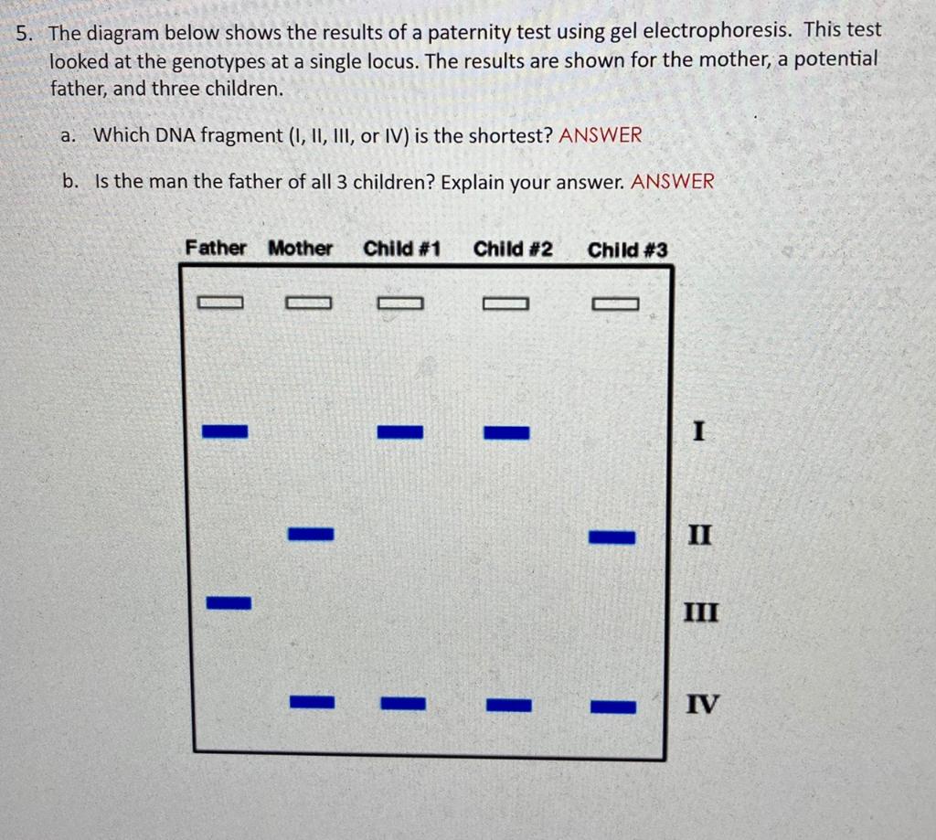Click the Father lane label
tap(216, 248)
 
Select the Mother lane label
tap(301, 248)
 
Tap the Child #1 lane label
tap(402, 249)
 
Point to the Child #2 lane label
tap(513, 249)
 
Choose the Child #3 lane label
tap(628, 250)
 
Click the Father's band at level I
tap(225, 431)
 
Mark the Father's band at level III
tap(228, 602)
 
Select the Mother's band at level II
tap(311, 533)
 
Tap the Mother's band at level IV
tap(313, 702)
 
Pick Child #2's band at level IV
tap(509, 705)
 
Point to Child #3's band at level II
tap(612, 537)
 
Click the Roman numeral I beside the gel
tap(698, 431)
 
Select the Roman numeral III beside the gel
tap(702, 611)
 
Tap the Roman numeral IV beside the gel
tap(702, 705)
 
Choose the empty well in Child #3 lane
tap(615, 303)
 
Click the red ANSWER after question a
tap(601, 135)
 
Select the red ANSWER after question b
tap(673, 181)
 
